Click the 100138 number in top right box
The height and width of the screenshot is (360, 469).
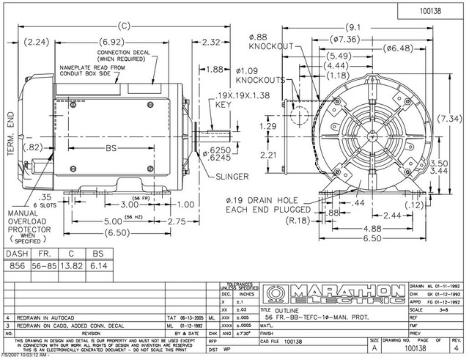(x=428, y=11)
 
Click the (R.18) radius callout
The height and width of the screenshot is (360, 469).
(x=297, y=218)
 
